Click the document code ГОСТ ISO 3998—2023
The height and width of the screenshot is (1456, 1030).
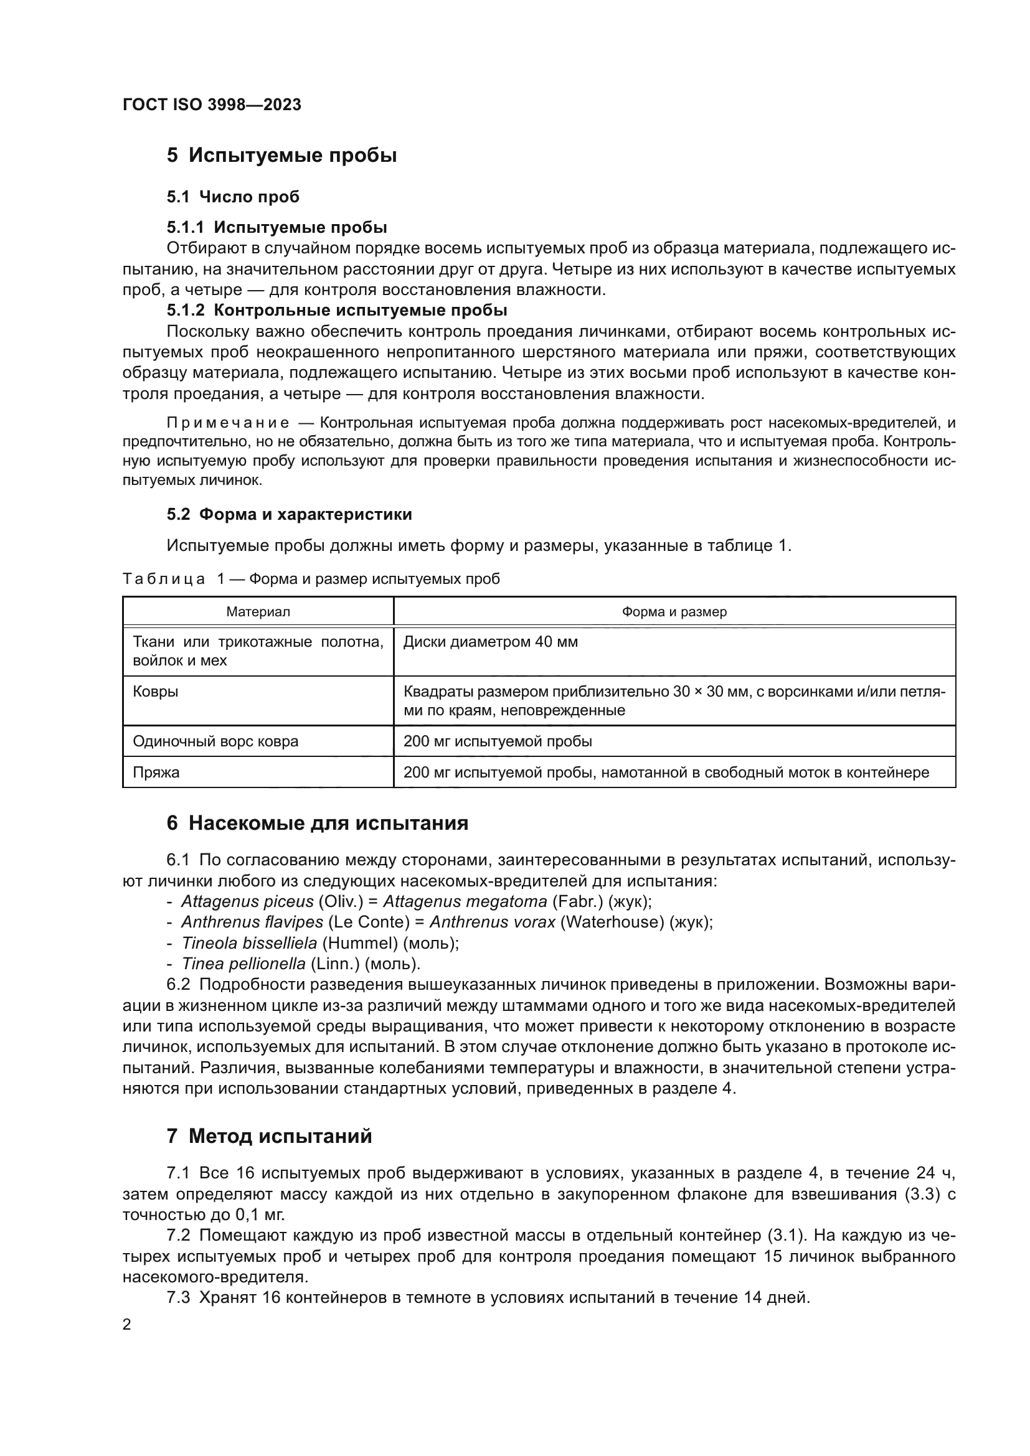[x=212, y=105]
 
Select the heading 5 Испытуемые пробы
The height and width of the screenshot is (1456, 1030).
[x=281, y=156]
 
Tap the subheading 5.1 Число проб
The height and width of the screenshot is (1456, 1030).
[x=233, y=197]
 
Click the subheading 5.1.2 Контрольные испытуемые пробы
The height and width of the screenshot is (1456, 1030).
[x=337, y=310]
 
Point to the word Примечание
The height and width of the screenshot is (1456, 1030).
[x=229, y=423]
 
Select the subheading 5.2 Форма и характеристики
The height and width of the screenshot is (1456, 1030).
[x=289, y=514]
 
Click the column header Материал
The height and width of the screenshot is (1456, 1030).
[x=258, y=612]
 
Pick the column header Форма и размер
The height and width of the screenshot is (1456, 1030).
[x=674, y=612]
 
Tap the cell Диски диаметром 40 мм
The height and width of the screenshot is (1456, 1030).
[x=490, y=642]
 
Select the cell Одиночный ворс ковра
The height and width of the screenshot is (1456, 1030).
[x=215, y=741]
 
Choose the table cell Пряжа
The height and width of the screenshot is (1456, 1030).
[x=156, y=773]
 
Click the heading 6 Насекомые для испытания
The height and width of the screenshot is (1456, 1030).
[x=317, y=824]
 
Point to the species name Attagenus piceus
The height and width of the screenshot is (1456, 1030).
[x=247, y=902]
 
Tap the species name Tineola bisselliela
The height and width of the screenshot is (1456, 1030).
[x=248, y=943]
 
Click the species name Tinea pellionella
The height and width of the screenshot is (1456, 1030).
[x=243, y=964]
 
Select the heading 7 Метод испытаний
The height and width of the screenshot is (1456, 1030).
[x=269, y=1137]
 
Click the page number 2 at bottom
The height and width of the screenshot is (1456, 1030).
[x=127, y=1325]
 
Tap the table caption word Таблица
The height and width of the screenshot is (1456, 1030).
[x=164, y=579]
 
